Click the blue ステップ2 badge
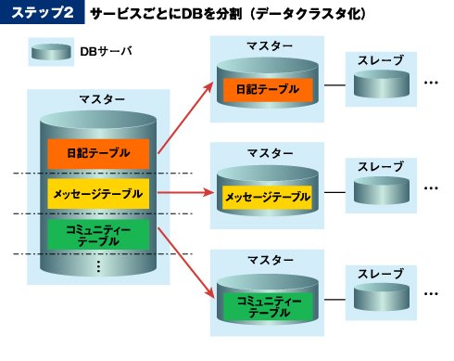[43, 12]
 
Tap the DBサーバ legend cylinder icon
[51, 52]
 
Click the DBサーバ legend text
[106, 51]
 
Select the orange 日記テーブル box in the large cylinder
[98, 153]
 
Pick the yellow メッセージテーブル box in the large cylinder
[98, 194]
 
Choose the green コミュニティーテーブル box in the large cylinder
[98, 235]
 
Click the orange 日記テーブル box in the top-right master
[268, 90]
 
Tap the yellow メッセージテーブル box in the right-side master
[268, 197]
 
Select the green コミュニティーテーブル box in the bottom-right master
[268, 306]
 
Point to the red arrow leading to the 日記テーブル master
[185, 118]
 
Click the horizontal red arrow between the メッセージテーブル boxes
[185, 193]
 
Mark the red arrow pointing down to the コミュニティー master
[186, 264]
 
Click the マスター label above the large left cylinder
[102, 99]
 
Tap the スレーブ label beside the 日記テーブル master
[381, 60]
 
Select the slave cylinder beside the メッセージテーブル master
[382, 190]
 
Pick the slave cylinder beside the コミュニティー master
[382, 297]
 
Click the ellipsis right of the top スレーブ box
[431, 83]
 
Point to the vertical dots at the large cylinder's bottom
[98, 266]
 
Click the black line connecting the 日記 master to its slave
[334, 85]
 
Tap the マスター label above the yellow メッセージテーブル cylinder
[271, 153]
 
